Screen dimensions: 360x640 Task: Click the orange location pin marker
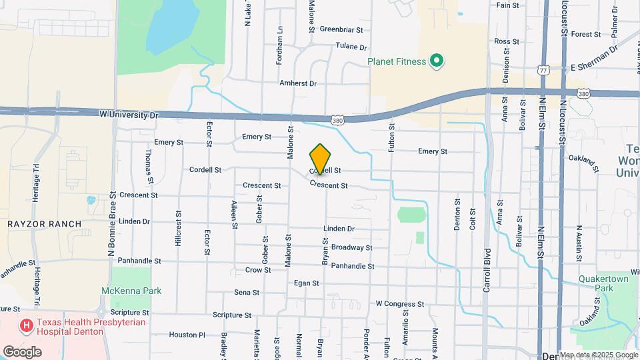point(320,159)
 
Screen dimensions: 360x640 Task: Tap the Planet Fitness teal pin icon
point(437,62)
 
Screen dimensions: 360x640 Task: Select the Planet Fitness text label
point(397,62)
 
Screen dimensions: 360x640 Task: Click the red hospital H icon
point(27,325)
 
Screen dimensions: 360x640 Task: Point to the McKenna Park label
point(131,291)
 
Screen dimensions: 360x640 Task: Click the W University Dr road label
point(129,115)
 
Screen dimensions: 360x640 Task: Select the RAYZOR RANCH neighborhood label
point(44,223)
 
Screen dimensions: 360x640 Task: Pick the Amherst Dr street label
point(298,83)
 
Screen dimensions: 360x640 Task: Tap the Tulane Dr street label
point(351,47)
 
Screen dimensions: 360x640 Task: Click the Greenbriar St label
point(341,29)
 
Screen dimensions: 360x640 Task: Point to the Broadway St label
point(351,247)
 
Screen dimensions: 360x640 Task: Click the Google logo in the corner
point(22,351)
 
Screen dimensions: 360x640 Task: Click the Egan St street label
point(306,283)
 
